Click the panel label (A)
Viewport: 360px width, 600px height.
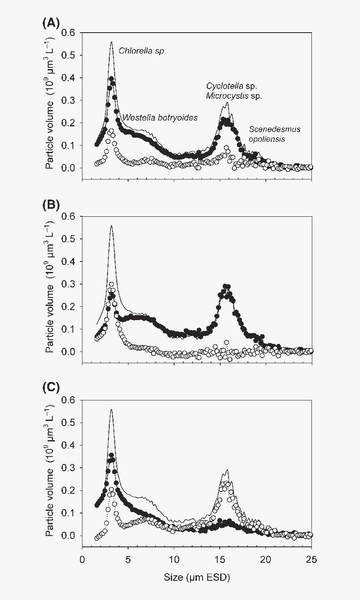coord(51,24)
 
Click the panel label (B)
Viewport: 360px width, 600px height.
coord(51,205)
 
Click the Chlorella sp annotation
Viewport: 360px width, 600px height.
coord(141,51)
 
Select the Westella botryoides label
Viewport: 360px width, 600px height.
coord(159,118)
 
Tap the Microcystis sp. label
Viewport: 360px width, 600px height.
coord(234,96)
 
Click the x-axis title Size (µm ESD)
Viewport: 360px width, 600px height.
coord(197,577)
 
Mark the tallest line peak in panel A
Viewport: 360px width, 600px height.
coord(111,42)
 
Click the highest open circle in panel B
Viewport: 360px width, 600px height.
coord(111,285)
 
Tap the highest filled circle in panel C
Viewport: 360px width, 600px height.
coord(111,455)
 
